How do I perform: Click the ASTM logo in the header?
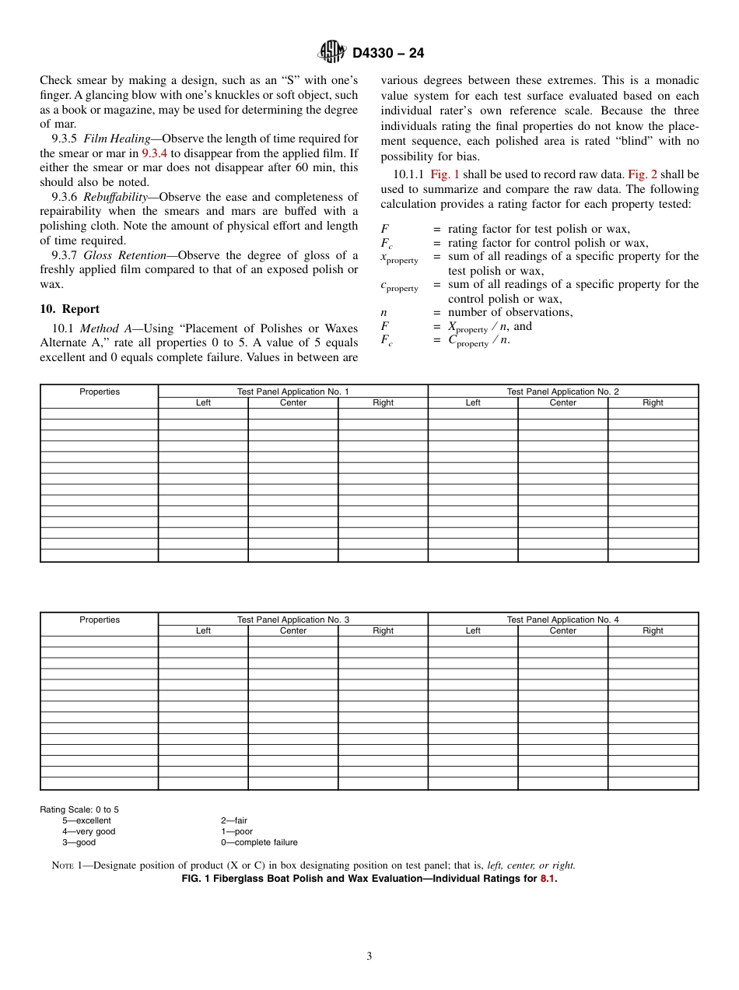coord(332,53)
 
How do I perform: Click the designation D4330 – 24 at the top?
coord(387,54)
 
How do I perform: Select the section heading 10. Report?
coord(69,309)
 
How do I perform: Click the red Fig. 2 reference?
coord(642,174)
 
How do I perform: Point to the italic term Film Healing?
coord(117,139)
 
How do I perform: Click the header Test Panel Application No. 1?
coord(292,391)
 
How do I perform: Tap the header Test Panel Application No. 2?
coord(562,391)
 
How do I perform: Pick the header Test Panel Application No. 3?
coord(292,620)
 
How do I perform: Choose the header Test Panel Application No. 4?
coord(562,620)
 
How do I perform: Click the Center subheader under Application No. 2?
coord(562,402)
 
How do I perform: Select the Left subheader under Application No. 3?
coord(203,630)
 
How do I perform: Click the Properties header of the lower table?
coord(100,620)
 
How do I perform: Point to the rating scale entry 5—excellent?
coord(86,820)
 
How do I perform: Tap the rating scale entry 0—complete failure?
coord(259,842)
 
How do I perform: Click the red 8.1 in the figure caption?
coord(548,879)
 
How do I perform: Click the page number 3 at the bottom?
coord(369,957)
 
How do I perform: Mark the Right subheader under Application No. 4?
coord(653,630)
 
